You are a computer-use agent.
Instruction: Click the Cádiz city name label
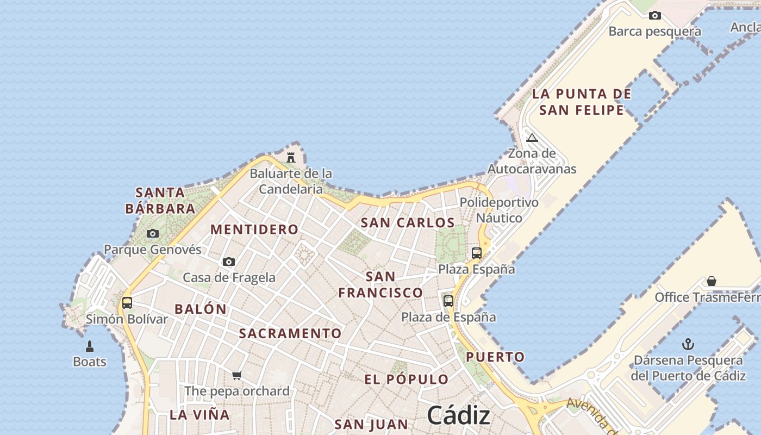pyautogui.click(x=458, y=416)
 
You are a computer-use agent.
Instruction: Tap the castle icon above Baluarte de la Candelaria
pyautogui.click(x=291, y=158)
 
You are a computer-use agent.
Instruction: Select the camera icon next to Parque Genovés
pyautogui.click(x=153, y=234)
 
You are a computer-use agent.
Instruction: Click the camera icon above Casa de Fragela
pyautogui.click(x=229, y=262)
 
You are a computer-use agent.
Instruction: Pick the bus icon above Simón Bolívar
pyautogui.click(x=127, y=303)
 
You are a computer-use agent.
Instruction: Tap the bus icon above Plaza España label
pyautogui.click(x=477, y=253)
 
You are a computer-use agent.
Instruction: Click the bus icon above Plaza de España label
pyautogui.click(x=448, y=301)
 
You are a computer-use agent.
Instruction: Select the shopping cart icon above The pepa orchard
pyautogui.click(x=236, y=375)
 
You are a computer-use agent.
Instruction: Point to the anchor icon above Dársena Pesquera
pyautogui.click(x=688, y=344)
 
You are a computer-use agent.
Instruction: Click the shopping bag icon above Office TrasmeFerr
pyautogui.click(x=711, y=281)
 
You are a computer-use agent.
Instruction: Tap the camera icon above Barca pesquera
pyautogui.click(x=655, y=15)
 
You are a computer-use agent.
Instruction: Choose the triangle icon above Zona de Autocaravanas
pyautogui.click(x=532, y=138)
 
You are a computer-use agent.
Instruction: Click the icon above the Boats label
pyautogui.click(x=90, y=346)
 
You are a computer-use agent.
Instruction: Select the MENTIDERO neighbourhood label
pyautogui.click(x=254, y=229)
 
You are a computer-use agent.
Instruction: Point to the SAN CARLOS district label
pyautogui.click(x=408, y=222)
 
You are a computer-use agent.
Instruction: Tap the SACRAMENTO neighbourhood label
pyautogui.click(x=291, y=333)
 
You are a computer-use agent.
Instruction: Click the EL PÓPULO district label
pyautogui.click(x=407, y=380)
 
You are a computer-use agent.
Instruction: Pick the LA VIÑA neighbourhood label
pyautogui.click(x=199, y=415)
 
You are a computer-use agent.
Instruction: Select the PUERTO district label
pyautogui.click(x=495, y=357)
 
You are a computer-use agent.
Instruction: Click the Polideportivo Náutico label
pyautogui.click(x=499, y=210)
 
